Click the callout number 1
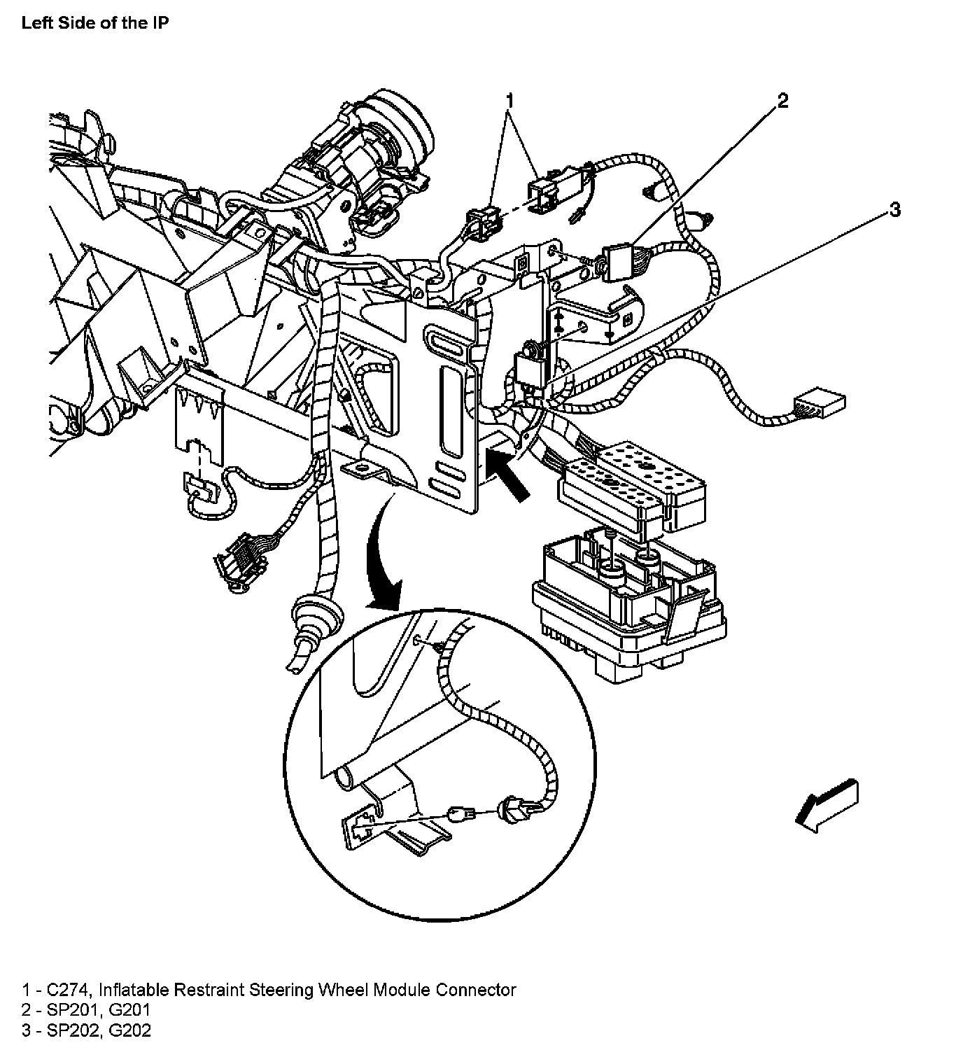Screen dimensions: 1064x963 tap(510, 101)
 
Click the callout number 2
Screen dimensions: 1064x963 tap(782, 101)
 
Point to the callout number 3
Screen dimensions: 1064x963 tap(894, 209)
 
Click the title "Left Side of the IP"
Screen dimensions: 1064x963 tap(95, 22)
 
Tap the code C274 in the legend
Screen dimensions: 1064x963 tap(69, 990)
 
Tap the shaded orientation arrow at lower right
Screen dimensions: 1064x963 tap(828, 806)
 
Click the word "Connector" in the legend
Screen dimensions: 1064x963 tap(476, 990)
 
